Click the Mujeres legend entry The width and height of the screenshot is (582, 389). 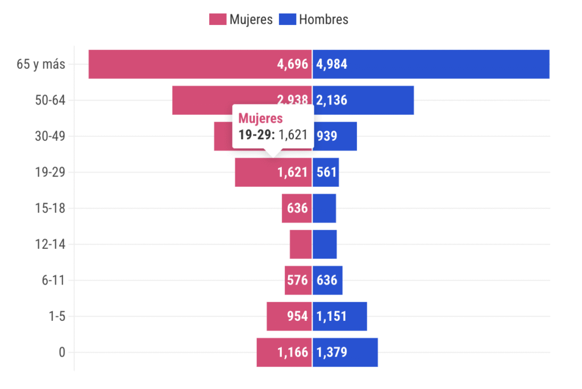pos(241,19)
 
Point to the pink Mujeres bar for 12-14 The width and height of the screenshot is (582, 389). pos(301,245)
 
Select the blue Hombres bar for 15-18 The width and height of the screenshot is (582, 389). pos(325,208)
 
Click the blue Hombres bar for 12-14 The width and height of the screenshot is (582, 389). pos(325,245)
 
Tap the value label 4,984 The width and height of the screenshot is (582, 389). pos(331,64)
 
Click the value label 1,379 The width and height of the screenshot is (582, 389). pos(331,353)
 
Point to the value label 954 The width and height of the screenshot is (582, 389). pos(297,316)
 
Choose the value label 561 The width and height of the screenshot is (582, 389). pos(327,173)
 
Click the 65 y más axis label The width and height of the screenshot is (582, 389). pos(41,64)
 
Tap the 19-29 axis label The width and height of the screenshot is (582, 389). pos(50,173)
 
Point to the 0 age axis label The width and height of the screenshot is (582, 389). pos(62,353)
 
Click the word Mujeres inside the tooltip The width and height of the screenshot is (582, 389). pos(260,119)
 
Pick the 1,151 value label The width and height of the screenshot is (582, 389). pos(331,316)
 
